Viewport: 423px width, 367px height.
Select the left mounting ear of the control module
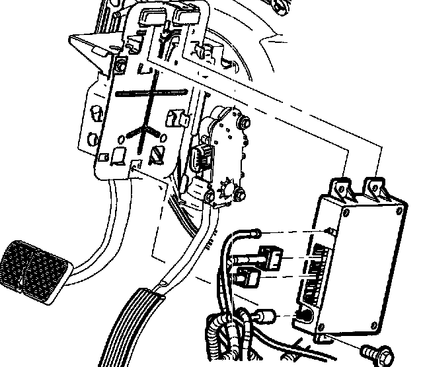[341, 187]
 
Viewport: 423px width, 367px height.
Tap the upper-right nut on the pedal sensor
[245, 121]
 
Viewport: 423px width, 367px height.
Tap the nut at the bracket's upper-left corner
[119, 66]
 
